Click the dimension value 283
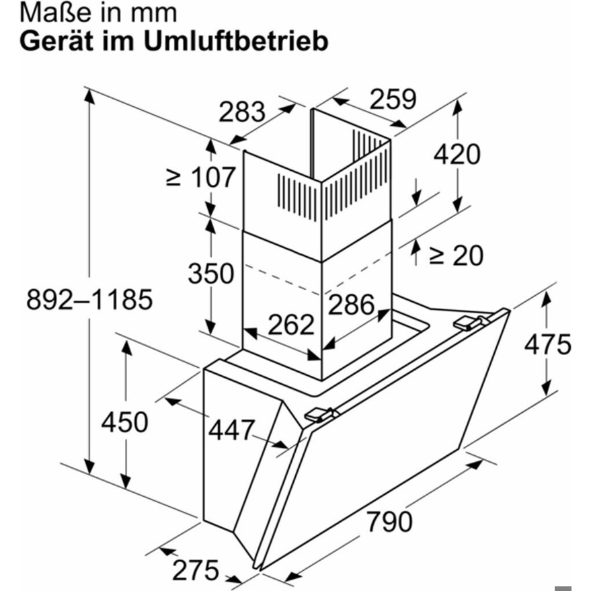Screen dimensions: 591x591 (x=242, y=112)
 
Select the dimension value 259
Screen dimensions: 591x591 (x=393, y=99)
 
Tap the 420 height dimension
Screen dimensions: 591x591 (x=457, y=154)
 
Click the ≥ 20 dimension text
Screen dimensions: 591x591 (x=456, y=255)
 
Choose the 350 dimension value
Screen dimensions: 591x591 (x=211, y=273)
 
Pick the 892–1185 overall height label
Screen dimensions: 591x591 (x=89, y=300)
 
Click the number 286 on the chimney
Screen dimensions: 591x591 (x=351, y=304)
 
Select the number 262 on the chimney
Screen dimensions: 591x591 (x=291, y=324)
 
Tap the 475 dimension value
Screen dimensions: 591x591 (x=548, y=344)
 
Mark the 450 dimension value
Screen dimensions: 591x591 (x=124, y=422)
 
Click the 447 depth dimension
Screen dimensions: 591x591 (x=232, y=430)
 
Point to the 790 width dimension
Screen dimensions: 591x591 (x=390, y=522)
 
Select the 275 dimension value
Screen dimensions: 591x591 (x=196, y=570)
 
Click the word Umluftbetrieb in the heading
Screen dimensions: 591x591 (x=236, y=41)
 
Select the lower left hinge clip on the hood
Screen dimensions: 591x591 (x=319, y=415)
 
